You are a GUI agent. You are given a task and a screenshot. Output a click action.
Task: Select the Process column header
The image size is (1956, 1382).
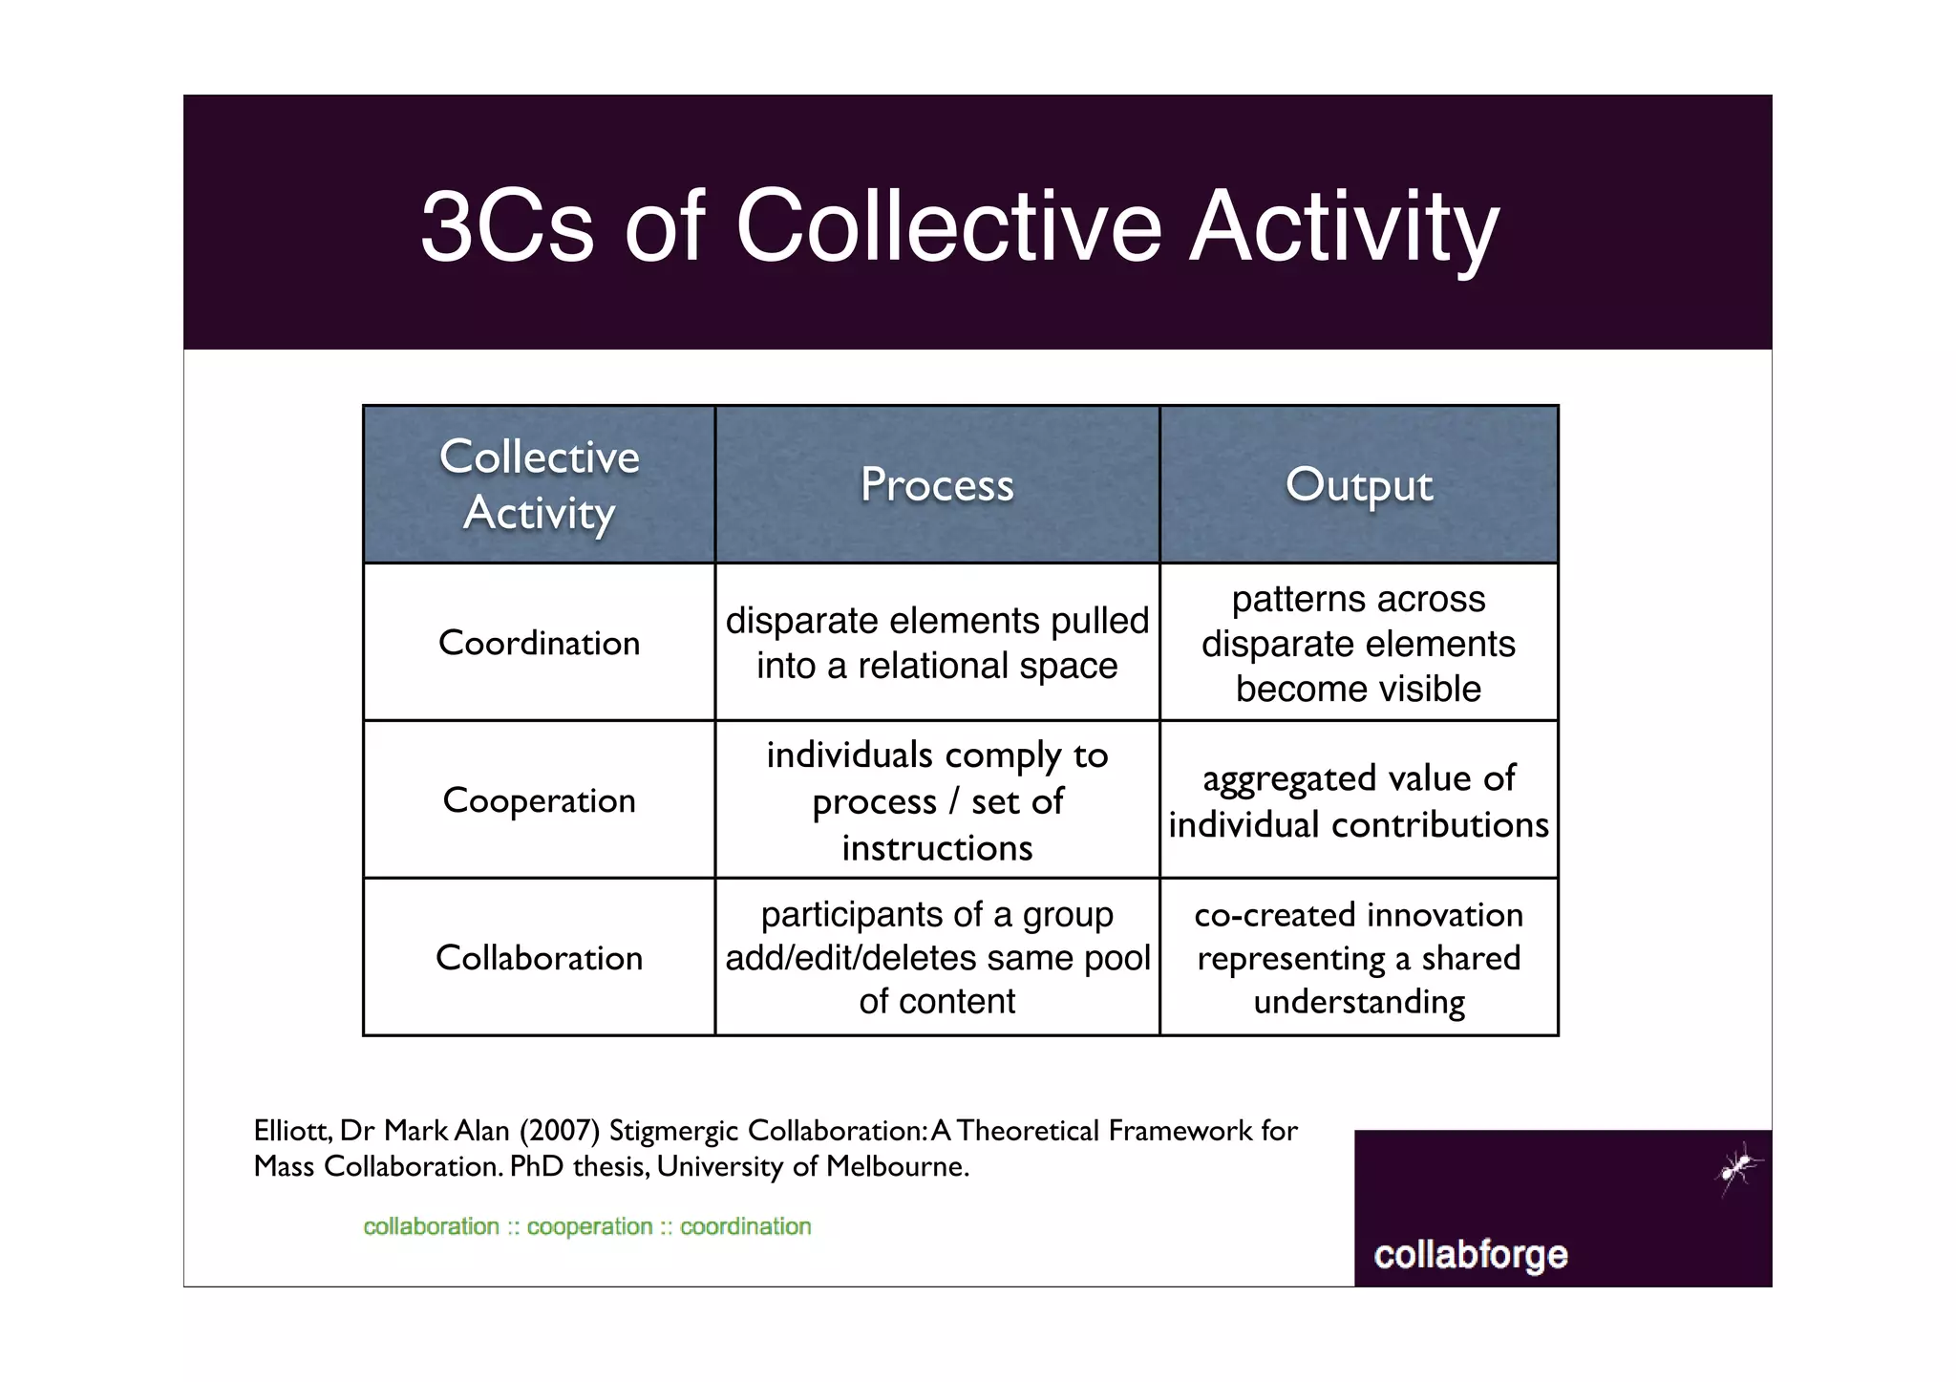click(937, 484)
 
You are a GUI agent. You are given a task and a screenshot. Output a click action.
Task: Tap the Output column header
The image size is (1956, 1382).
click(1358, 484)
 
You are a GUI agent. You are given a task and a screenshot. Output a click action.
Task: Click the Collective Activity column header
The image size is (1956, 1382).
click(539, 484)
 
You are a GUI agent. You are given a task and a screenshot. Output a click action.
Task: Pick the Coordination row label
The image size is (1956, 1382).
click(539, 643)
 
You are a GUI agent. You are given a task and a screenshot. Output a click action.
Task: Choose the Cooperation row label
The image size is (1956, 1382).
click(539, 800)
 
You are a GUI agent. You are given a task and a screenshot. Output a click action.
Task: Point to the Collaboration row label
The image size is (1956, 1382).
click(539, 958)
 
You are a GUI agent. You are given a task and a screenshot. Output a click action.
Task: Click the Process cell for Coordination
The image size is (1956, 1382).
click(937, 643)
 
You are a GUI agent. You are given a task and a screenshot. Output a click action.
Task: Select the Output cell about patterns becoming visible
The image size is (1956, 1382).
click(1358, 643)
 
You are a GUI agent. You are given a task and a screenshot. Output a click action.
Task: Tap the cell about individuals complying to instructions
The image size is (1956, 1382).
click(937, 800)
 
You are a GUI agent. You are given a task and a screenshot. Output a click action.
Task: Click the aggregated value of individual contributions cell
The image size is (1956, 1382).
click(1358, 800)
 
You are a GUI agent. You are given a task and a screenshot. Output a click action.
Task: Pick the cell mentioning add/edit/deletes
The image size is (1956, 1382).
click(937, 958)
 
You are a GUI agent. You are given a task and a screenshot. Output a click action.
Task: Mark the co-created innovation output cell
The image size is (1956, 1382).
click(1358, 958)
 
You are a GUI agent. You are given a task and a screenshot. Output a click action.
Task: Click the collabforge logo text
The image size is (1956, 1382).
click(1470, 1254)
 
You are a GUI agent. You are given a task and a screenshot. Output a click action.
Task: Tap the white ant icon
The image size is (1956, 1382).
click(1738, 1168)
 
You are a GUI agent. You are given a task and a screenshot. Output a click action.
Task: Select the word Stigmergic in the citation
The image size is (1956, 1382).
click(673, 1131)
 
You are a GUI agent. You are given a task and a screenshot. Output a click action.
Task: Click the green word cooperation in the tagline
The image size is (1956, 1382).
click(589, 1226)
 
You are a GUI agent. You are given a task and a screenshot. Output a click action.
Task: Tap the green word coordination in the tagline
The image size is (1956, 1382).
click(745, 1226)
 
